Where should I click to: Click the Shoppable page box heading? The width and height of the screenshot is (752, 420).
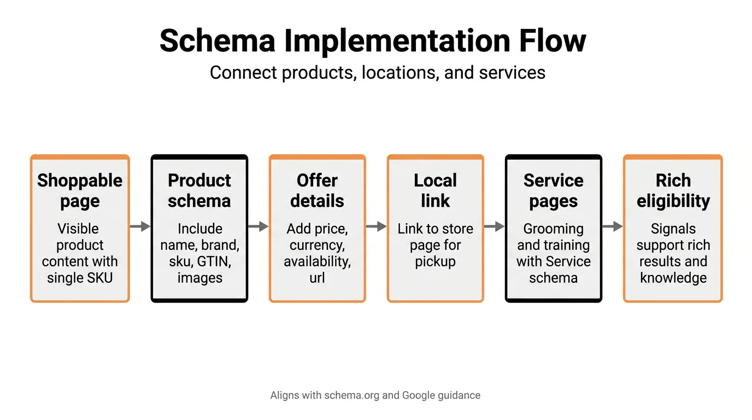coord(80,190)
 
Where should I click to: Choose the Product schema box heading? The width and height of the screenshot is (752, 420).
coord(199,190)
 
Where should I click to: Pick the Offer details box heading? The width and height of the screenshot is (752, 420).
coord(317,190)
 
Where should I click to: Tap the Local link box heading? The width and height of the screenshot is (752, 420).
coord(436,190)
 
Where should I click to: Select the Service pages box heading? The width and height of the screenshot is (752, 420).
coord(553,190)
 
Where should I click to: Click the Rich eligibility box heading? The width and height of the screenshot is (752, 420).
coord(673,190)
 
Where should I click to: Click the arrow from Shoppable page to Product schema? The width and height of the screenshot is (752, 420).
coord(140,226)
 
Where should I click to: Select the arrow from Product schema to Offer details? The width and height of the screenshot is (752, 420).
coord(258,226)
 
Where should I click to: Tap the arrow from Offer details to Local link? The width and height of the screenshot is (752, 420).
coord(377,226)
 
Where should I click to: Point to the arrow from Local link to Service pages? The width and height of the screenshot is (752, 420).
coord(495,226)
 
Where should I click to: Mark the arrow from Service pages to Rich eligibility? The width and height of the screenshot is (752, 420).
coord(613,226)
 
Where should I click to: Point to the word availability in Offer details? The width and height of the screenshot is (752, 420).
coord(317,261)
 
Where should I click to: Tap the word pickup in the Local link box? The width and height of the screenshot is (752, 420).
coord(436,261)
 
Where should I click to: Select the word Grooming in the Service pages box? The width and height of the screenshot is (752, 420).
coord(553,229)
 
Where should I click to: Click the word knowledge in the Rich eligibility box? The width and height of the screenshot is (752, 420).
coord(673,278)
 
